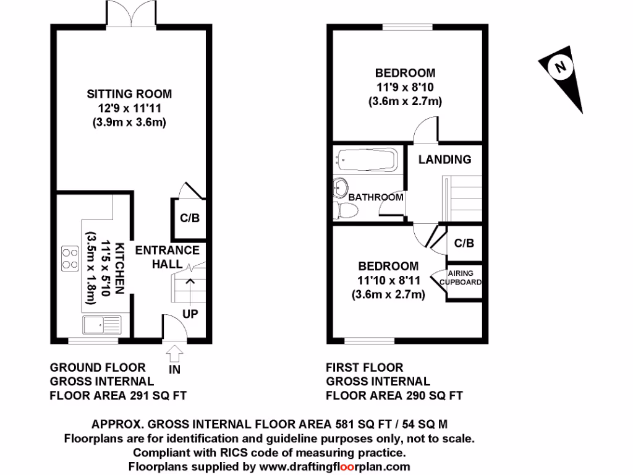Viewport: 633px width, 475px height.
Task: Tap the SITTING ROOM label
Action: click(129, 94)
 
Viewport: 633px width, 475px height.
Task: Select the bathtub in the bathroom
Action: click(365, 161)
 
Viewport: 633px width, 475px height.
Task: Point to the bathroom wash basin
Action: click(339, 188)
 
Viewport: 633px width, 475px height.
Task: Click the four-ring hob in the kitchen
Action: click(69, 257)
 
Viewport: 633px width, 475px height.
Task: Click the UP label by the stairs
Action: click(190, 314)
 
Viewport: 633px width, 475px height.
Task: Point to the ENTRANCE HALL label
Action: click(167, 257)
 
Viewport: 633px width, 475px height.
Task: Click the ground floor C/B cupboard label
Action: click(189, 218)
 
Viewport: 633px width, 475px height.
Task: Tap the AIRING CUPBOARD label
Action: click(461, 277)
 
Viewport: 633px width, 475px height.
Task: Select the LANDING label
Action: click(444, 160)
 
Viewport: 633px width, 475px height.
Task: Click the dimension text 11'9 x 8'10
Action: click(405, 87)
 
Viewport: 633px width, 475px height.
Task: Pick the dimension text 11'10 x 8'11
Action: click(389, 281)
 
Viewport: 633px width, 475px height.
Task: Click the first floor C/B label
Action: click(464, 243)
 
